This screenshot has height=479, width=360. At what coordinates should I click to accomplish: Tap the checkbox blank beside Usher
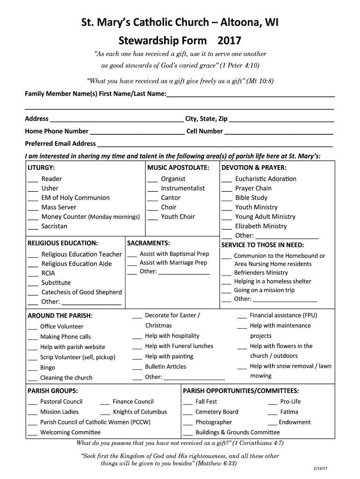click(x=33, y=189)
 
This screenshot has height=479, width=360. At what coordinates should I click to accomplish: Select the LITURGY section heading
click(x=41, y=167)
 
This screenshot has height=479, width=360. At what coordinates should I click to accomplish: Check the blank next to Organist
click(x=152, y=180)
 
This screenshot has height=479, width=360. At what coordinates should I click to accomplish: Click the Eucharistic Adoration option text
click(x=266, y=179)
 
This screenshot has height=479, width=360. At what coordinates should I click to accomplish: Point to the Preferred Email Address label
click(x=60, y=144)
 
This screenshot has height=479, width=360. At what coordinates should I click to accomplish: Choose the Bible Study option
click(x=251, y=198)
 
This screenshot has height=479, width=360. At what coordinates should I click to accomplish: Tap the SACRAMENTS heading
click(x=148, y=243)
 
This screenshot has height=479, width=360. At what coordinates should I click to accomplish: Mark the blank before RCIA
click(x=33, y=274)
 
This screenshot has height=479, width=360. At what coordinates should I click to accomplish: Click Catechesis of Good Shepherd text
click(x=81, y=292)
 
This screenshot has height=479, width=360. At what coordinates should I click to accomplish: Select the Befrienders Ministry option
click(x=261, y=273)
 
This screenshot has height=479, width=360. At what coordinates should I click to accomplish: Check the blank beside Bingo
click(x=32, y=369)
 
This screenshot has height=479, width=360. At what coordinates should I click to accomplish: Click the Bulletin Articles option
click(x=166, y=367)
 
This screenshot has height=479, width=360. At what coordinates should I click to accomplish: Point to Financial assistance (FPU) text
click(x=283, y=315)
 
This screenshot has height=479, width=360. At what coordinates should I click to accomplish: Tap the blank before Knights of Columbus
click(x=105, y=413)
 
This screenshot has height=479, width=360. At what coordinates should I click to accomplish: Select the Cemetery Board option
click(x=216, y=412)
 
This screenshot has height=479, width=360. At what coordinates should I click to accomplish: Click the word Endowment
click(x=295, y=422)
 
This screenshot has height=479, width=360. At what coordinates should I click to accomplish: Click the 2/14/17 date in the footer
click(x=321, y=468)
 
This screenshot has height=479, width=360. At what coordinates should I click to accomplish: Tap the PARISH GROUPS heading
click(x=53, y=391)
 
